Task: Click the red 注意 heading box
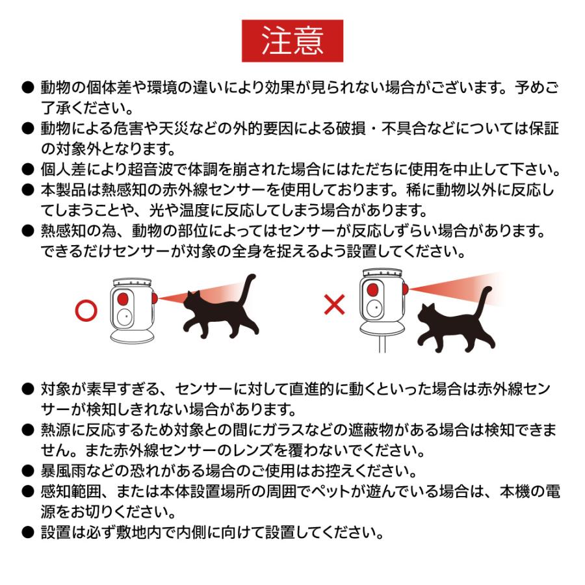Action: click(x=292, y=41)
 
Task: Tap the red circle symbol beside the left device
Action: click(x=86, y=309)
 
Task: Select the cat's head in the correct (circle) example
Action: click(x=193, y=300)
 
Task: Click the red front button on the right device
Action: click(x=372, y=289)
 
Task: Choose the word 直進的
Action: click(x=354, y=391)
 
